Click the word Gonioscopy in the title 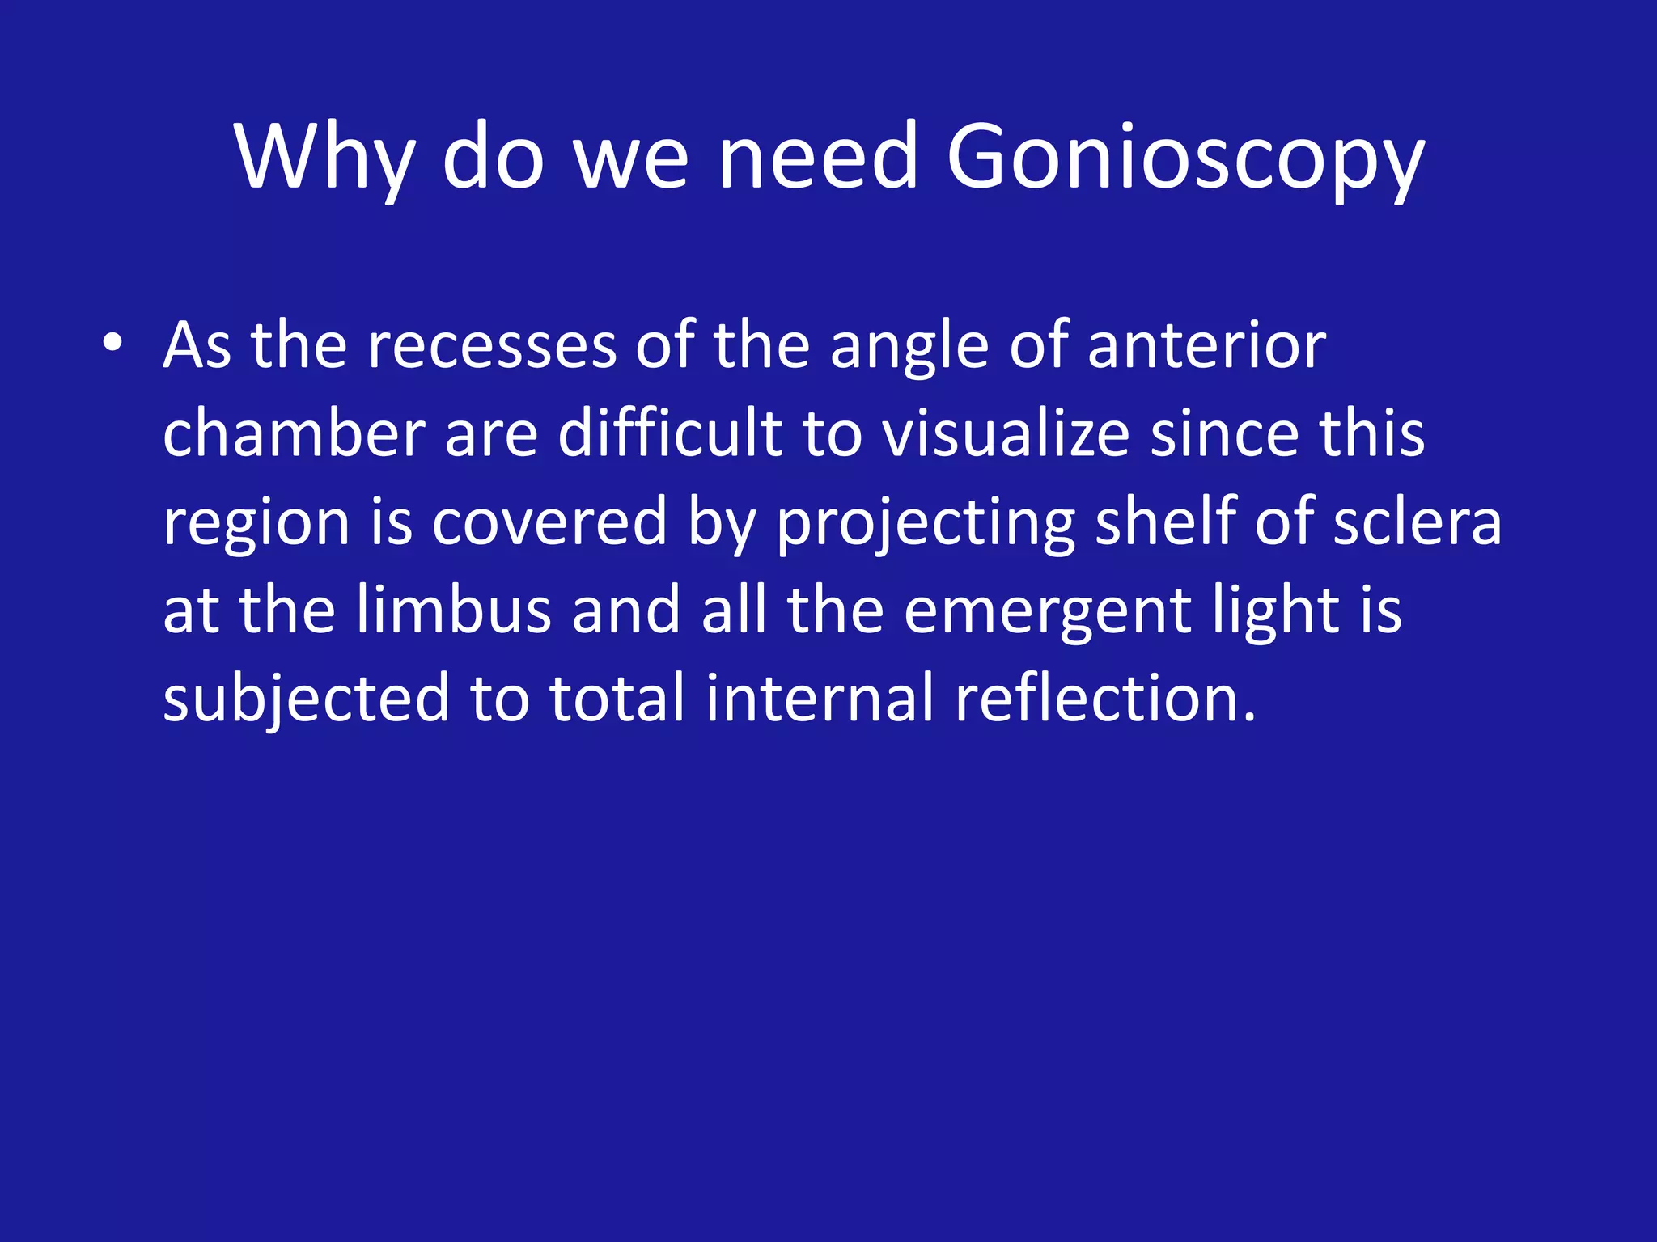(1184, 158)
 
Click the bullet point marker (112, 344)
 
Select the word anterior (1206, 346)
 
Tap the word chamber (294, 433)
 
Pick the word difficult (670, 433)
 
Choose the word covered (550, 522)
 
